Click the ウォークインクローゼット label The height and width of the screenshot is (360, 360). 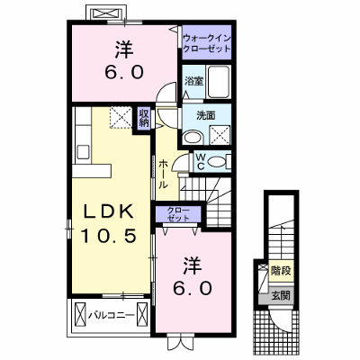[x=207, y=43]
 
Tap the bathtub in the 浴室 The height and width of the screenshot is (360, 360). [x=219, y=82]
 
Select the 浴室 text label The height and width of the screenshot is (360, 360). [x=193, y=81]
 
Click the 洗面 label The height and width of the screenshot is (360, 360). [x=206, y=115]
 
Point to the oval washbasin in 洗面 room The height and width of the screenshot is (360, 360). [x=193, y=138]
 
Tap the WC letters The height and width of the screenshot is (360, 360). [x=201, y=162]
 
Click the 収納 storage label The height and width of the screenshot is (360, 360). [x=144, y=118]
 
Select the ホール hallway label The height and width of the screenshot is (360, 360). [x=163, y=174]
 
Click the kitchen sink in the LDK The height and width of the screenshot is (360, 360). [x=83, y=151]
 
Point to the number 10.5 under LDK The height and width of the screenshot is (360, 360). [x=109, y=235]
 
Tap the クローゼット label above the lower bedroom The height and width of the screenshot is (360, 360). [x=178, y=214]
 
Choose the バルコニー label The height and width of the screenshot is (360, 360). [x=111, y=316]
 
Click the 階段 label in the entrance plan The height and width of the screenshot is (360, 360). [x=281, y=271]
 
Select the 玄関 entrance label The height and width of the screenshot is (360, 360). [x=281, y=295]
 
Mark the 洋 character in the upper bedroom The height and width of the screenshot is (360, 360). [x=123, y=50]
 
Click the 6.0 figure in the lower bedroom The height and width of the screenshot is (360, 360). [x=192, y=289]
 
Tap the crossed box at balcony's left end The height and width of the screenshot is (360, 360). [x=80, y=314]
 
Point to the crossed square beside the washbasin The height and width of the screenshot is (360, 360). [x=220, y=134]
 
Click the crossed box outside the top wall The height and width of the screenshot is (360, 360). [x=105, y=13]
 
